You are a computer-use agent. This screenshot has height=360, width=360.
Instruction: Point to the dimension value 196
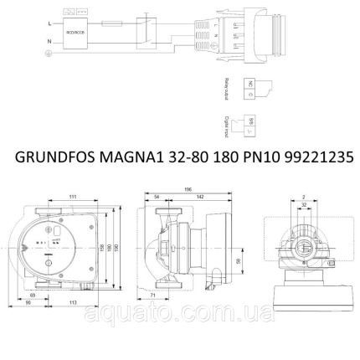(188, 188)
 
